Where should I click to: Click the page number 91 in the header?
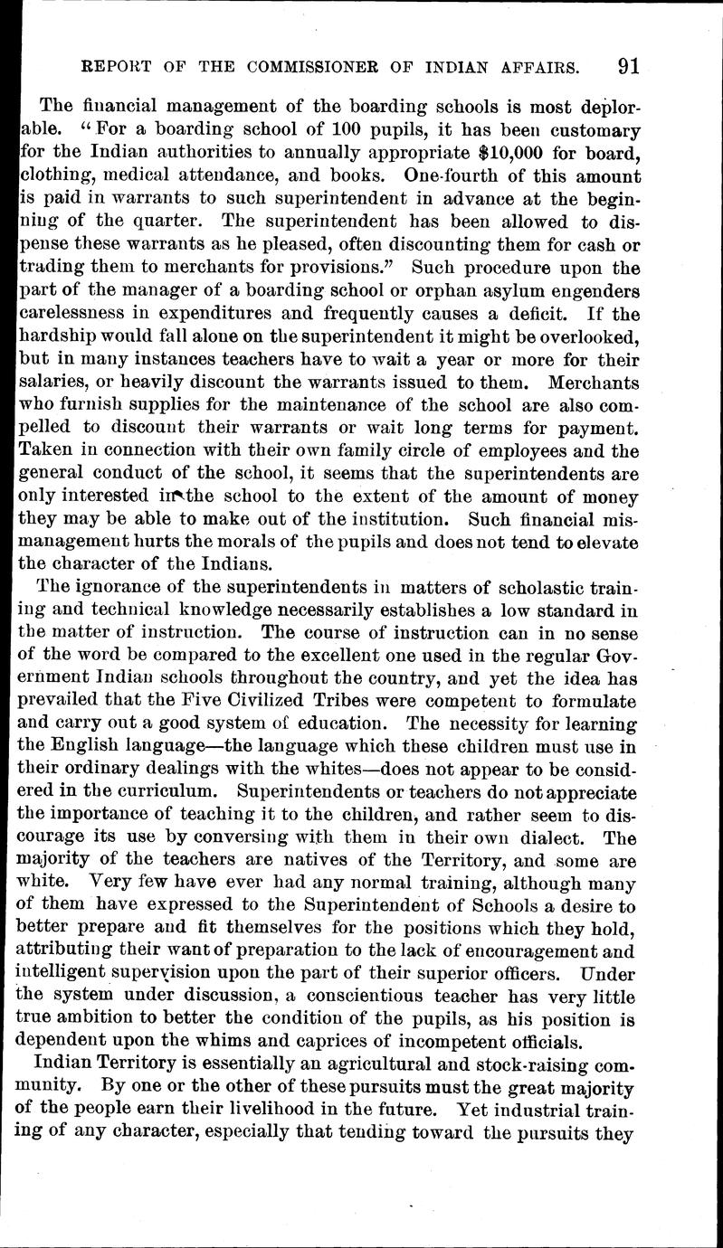click(626, 66)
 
